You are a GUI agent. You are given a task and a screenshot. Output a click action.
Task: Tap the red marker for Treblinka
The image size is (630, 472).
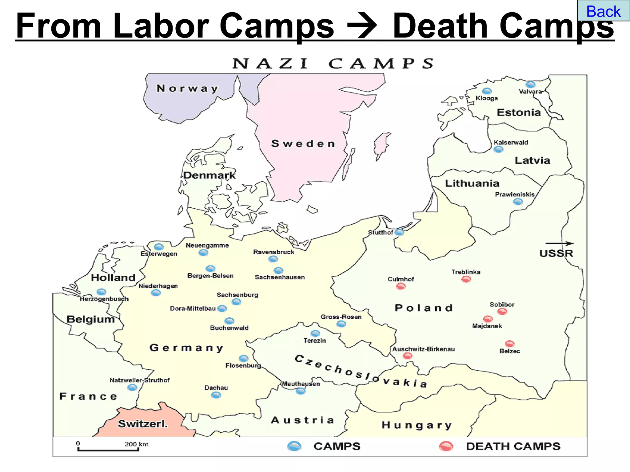click(466, 279)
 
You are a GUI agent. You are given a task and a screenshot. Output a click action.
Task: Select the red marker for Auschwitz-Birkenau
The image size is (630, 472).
click(408, 356)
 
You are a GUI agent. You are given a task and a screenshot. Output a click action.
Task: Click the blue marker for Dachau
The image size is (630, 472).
click(216, 395)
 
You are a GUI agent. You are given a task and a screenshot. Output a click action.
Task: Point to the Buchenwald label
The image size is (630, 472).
click(229, 328)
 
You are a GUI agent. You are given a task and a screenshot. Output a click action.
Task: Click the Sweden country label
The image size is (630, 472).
click(303, 144)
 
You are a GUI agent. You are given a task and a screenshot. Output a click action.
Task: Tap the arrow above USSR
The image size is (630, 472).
click(560, 243)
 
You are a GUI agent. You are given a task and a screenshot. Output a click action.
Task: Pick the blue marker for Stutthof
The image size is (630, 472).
click(399, 232)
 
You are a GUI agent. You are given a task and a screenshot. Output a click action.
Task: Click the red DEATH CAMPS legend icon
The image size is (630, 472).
click(446, 446)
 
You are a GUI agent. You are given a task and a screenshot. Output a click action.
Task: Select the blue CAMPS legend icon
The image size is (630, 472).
click(294, 446)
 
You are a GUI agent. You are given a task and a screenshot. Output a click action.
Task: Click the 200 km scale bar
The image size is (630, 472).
click(108, 450)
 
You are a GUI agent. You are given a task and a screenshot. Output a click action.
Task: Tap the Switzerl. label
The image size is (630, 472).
click(143, 424)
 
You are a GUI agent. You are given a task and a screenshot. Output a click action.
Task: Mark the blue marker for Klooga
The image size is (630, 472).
click(487, 91)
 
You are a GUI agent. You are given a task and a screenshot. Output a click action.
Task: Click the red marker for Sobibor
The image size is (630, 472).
click(502, 312)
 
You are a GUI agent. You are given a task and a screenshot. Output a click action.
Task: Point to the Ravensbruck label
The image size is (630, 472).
click(273, 252)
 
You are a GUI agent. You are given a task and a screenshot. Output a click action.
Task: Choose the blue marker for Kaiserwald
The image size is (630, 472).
click(498, 150)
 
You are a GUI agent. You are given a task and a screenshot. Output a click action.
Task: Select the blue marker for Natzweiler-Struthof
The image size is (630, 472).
click(132, 387)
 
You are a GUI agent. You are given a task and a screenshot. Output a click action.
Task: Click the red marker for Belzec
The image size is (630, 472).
click(510, 344)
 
